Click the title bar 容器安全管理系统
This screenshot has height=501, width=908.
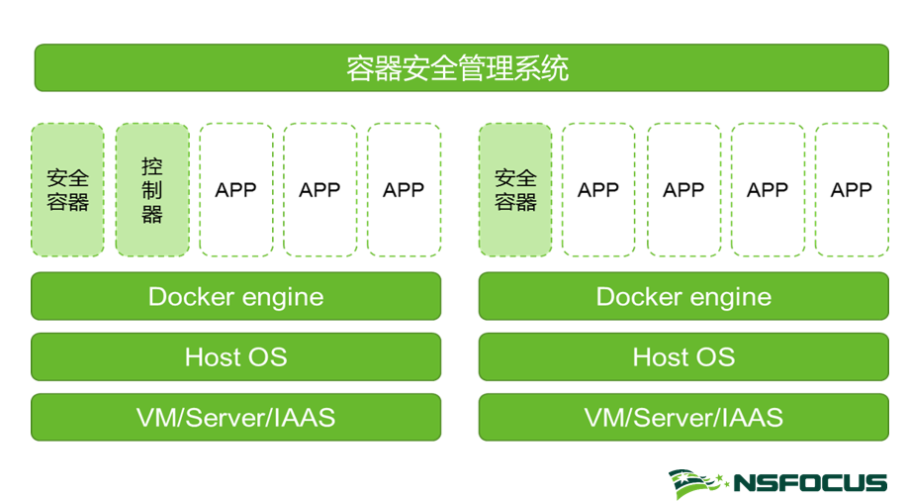coord(461,68)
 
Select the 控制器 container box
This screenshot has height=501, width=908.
coord(152,190)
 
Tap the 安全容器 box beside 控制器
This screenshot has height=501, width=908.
coord(67,190)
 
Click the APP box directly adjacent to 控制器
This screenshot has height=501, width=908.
coord(235,190)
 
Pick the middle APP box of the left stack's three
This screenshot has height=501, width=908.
coord(319,190)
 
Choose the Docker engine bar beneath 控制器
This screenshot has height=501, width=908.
coord(235,297)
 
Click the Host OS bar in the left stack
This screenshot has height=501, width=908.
coord(235,356)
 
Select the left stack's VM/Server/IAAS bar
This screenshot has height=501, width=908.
coord(235,417)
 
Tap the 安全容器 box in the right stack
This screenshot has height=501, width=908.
coord(515,190)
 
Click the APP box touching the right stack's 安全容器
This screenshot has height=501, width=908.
coord(598,190)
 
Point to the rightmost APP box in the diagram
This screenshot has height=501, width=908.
coord(852,190)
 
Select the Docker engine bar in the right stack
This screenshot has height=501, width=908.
coord(683,297)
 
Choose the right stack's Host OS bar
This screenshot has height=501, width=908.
coord(683,356)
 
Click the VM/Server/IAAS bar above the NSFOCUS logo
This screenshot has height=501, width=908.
coord(683,417)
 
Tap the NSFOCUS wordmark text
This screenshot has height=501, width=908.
coord(809,483)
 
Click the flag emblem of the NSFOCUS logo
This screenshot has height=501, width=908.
coord(697,483)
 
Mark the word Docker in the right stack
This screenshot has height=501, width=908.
coord(637,297)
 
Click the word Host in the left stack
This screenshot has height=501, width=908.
coord(210,356)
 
